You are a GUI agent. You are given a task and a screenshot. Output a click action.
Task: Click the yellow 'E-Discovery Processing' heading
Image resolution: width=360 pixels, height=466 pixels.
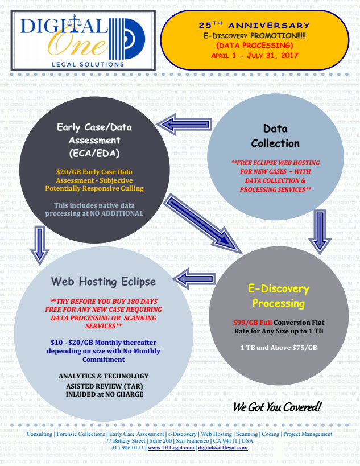279,296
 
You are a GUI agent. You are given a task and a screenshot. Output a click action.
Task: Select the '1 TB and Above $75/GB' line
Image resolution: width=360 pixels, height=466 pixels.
279,347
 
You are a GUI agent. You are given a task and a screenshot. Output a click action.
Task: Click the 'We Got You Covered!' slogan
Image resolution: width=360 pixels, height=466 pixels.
277,407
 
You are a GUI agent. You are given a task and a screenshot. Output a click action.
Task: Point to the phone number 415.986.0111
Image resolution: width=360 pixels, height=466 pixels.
128,448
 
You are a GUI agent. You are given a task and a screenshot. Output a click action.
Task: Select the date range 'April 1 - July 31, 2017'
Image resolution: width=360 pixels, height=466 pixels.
254,55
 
